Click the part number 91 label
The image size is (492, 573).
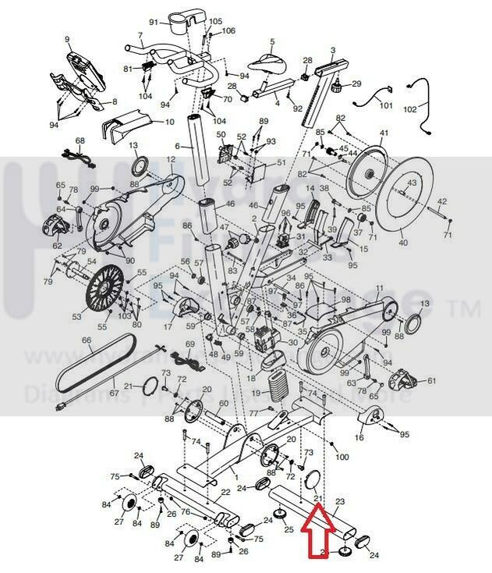(x=154, y=20)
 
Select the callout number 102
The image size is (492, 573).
(x=431, y=109)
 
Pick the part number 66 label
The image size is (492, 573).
(x=87, y=340)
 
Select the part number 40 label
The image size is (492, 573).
(x=403, y=243)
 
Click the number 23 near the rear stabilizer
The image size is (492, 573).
(x=339, y=502)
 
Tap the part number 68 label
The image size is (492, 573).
(x=79, y=141)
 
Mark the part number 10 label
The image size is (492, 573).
(x=169, y=122)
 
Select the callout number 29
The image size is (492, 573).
(x=357, y=84)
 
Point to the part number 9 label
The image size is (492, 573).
(x=67, y=39)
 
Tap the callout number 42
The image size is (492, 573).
(x=442, y=201)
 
